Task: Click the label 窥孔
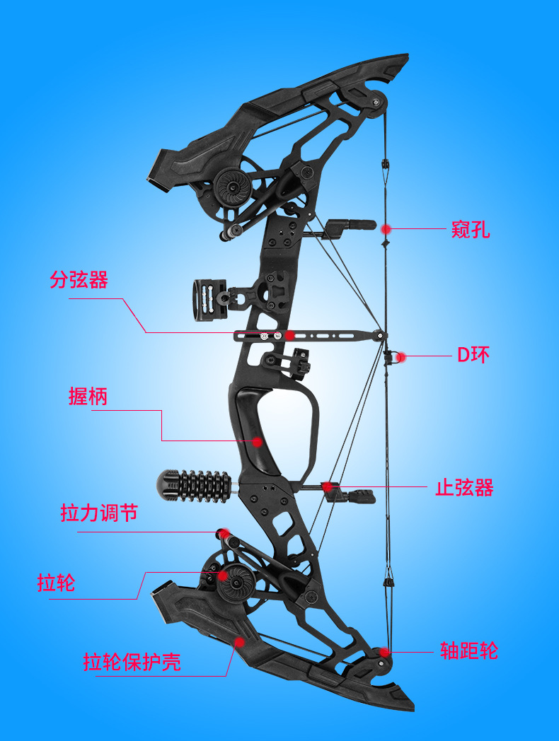point(471,230)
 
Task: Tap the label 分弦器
point(79,280)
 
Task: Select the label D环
point(473,355)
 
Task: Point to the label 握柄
point(88,396)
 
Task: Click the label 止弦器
point(464,487)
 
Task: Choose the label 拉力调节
point(99,513)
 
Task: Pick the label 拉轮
point(56,583)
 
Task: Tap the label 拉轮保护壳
point(132,662)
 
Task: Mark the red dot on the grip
point(257,442)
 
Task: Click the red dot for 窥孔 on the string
point(386,228)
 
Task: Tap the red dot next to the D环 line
point(401,357)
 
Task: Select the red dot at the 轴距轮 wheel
point(384,652)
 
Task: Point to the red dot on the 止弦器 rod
point(326,486)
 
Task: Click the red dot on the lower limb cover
point(240,642)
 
